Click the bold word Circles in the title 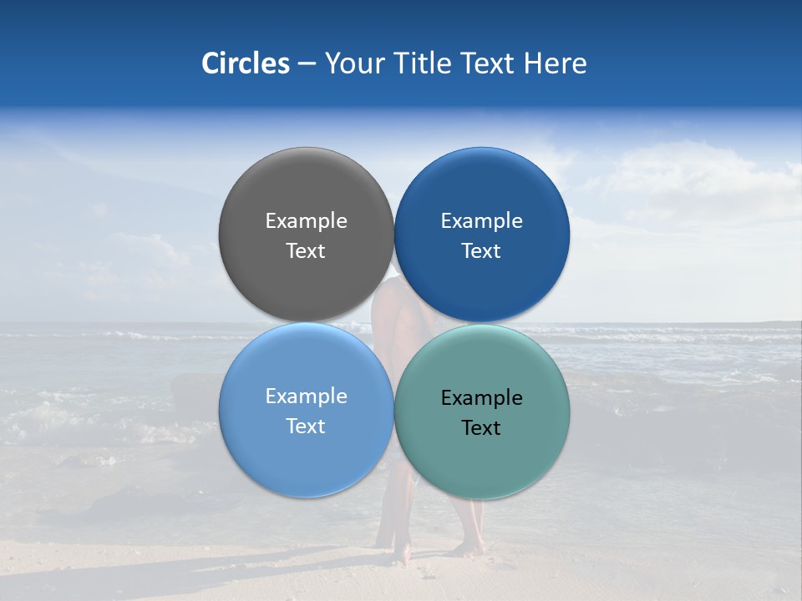(246, 63)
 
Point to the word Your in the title (352, 63)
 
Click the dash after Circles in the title (307, 63)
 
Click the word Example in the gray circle (306, 220)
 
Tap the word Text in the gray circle (306, 250)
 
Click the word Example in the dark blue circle (482, 220)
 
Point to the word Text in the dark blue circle (482, 250)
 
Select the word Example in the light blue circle (306, 396)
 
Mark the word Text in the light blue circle (306, 426)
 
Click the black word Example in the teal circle (482, 397)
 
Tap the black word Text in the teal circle (482, 427)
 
